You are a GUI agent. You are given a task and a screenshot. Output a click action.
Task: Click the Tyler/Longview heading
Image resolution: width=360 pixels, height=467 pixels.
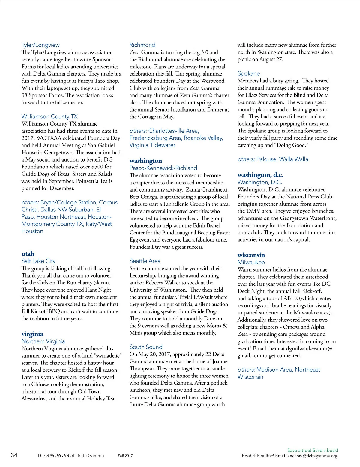coord(40,45)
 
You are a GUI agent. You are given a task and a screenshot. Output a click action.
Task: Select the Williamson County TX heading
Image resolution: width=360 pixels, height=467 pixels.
coord(49,117)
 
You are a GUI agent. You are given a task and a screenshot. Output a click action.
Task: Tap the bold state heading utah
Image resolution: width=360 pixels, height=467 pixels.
coord(28,254)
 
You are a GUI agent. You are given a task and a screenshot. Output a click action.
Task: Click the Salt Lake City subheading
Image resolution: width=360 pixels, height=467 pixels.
coord(38,261)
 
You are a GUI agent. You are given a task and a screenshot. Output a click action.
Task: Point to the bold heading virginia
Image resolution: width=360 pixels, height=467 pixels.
coord(32,334)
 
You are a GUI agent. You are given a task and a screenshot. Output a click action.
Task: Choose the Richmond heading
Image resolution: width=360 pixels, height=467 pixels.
coord(142,45)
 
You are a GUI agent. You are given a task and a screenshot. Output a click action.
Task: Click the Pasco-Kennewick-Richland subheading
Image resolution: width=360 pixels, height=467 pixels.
coord(163,168)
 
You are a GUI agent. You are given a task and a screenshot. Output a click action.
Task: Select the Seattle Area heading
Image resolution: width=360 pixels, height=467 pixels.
coord(145,261)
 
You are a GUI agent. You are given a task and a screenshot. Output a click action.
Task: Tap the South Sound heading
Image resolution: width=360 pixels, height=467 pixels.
coord(146,347)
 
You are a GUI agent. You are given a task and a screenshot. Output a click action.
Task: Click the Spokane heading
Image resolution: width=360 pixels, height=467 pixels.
coord(249,73)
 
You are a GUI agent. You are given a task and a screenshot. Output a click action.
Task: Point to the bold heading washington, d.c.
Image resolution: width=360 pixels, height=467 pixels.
coord(260,175)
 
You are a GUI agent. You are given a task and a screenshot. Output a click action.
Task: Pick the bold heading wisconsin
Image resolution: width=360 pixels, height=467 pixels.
coord(251,255)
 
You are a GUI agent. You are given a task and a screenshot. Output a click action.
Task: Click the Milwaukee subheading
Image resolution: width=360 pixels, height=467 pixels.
coord(251,262)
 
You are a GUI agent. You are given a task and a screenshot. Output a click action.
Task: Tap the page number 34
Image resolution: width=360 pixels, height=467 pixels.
coord(14,455)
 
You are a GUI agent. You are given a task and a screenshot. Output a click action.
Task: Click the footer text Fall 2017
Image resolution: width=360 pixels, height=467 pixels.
coord(125,456)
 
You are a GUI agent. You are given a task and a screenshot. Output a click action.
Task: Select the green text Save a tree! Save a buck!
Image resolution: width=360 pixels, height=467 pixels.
coord(313,450)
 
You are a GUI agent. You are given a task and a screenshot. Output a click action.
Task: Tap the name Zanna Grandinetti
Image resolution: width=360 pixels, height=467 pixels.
coord(207,190)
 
